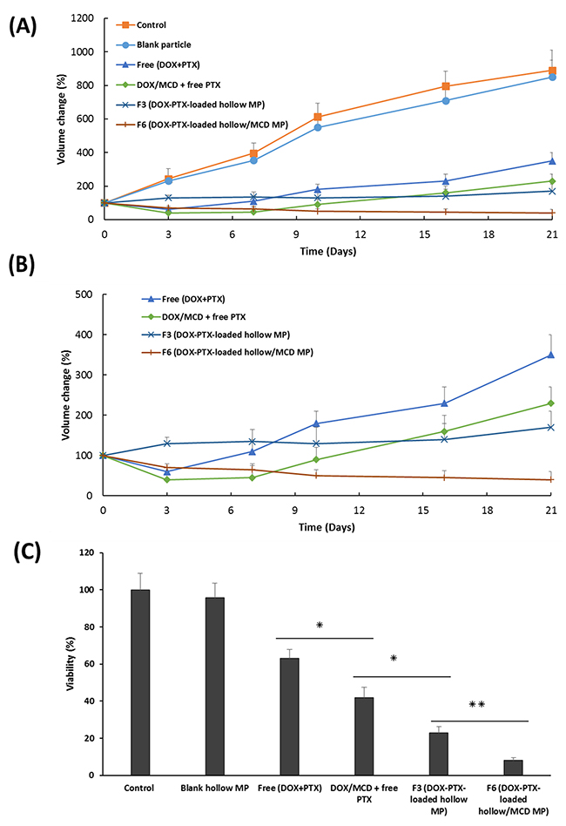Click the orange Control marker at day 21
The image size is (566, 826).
pos(550,71)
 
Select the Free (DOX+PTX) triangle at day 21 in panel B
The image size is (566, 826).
pos(550,355)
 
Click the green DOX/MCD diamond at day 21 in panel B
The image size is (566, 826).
pos(550,403)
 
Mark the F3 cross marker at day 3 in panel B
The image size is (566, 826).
pos(168,443)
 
